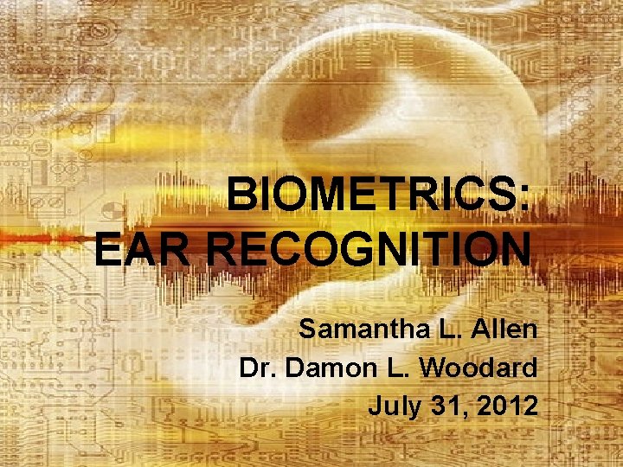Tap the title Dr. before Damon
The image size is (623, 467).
[258, 368]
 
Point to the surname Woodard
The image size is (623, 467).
[478, 368]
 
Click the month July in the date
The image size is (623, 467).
[390, 406]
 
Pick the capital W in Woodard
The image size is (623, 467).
[432, 368]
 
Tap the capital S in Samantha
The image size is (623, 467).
[308, 329]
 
